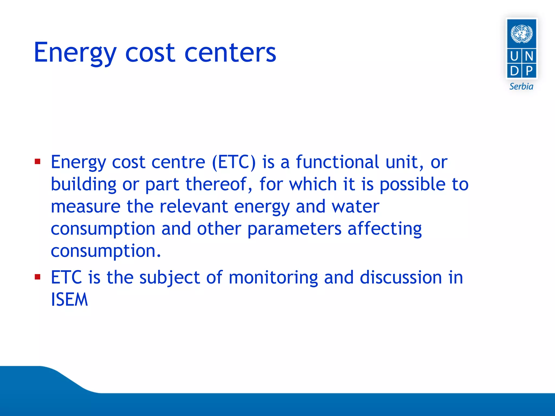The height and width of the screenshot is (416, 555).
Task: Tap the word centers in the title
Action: click(x=230, y=53)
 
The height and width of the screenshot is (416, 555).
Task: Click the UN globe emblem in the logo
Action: click(x=521, y=34)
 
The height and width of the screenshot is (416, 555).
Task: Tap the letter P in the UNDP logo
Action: click(x=529, y=71)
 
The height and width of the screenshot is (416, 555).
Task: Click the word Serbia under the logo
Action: click(x=521, y=87)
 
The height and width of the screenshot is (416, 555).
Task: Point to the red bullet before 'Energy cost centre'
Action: click(x=37, y=162)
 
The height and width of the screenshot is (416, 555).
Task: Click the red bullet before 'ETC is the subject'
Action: click(x=37, y=277)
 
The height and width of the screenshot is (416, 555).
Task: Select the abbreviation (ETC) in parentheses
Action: click(x=234, y=162)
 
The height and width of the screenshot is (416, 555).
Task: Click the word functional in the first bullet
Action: click(x=337, y=162)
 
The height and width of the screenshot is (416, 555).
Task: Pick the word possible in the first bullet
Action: click(x=412, y=184)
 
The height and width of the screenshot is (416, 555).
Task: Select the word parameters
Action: click(x=294, y=229)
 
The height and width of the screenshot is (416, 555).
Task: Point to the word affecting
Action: click(x=385, y=229)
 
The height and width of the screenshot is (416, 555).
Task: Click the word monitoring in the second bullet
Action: click(x=273, y=278)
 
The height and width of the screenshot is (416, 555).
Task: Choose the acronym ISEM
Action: click(x=69, y=300)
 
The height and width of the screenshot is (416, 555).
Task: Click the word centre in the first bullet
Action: click(x=178, y=162)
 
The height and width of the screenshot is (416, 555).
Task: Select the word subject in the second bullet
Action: click(x=169, y=278)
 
